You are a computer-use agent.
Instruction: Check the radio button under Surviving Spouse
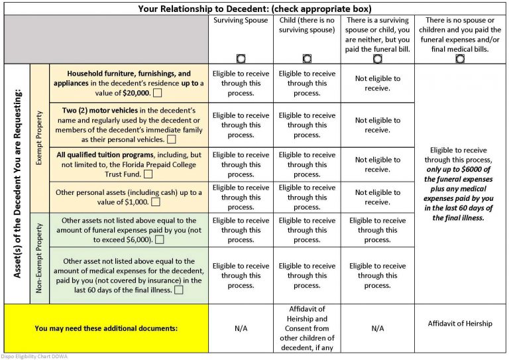241,58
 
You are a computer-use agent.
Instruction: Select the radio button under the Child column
307,58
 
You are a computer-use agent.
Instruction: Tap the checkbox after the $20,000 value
157,93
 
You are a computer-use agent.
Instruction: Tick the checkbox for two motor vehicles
172,140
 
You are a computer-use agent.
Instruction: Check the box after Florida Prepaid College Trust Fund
148,174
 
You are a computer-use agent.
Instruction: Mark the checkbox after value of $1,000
156,202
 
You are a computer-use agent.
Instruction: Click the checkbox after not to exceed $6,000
160,239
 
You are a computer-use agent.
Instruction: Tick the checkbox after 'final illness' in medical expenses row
179,290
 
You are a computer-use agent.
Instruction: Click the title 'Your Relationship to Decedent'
254,9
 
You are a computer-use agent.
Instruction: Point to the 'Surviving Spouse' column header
241,21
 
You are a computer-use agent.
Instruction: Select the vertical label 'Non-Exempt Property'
38,258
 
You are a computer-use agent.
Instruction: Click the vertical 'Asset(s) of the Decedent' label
17,184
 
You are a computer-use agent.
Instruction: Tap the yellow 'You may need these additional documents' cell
106,328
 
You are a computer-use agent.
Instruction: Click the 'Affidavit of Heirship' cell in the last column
460,324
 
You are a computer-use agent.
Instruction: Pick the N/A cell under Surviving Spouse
241,328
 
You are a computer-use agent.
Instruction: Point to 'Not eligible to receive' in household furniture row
377,84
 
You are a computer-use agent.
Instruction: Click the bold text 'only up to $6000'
460,169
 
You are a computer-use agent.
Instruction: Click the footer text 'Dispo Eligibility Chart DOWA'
34,356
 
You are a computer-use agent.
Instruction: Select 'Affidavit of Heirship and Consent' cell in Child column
307,328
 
